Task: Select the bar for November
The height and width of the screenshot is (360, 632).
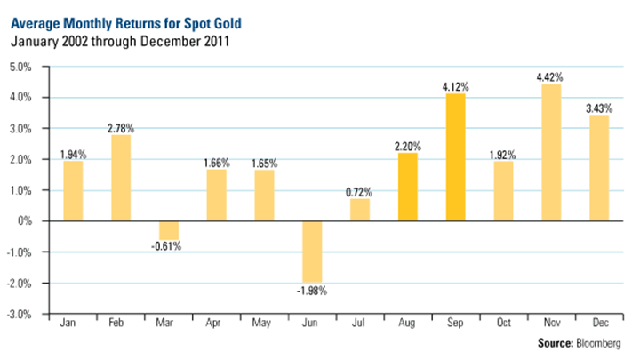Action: [551, 152]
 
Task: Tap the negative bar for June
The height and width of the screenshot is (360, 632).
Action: [311, 252]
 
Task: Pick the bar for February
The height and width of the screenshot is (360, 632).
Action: [121, 178]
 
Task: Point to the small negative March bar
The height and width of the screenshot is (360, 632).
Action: [169, 230]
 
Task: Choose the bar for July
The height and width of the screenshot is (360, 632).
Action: [359, 210]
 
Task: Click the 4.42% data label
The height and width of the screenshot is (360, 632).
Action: [551, 76]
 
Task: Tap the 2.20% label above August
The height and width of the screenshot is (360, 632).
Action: [407, 144]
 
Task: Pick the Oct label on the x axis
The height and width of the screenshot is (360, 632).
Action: [503, 324]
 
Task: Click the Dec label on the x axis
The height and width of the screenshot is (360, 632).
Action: [598, 324]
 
